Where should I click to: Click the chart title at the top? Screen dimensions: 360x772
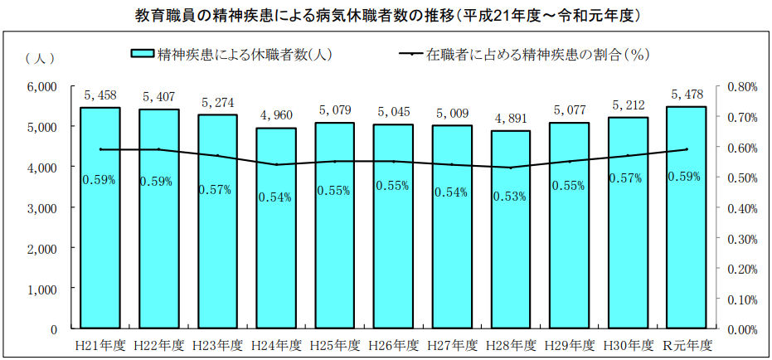(386, 14)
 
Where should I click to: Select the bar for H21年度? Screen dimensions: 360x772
(100, 249)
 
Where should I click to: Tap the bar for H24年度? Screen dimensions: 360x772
(275, 257)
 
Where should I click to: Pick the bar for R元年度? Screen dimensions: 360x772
(686, 249)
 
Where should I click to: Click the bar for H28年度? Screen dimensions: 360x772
(510, 257)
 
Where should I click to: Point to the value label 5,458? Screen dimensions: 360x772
(100, 95)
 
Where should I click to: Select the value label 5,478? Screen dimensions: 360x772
(687, 94)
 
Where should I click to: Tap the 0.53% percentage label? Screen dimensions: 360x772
(510, 197)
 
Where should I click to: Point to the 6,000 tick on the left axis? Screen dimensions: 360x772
(41, 86)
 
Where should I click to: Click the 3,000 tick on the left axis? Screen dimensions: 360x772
(41, 208)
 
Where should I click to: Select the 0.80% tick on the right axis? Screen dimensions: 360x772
(743, 86)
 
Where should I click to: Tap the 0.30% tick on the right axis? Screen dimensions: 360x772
(743, 238)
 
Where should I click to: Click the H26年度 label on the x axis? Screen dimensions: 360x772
(393, 344)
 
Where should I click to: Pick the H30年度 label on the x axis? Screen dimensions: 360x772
(628, 344)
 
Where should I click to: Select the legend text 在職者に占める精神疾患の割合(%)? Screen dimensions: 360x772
(537, 55)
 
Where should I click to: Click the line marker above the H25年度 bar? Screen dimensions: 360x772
(334, 162)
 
